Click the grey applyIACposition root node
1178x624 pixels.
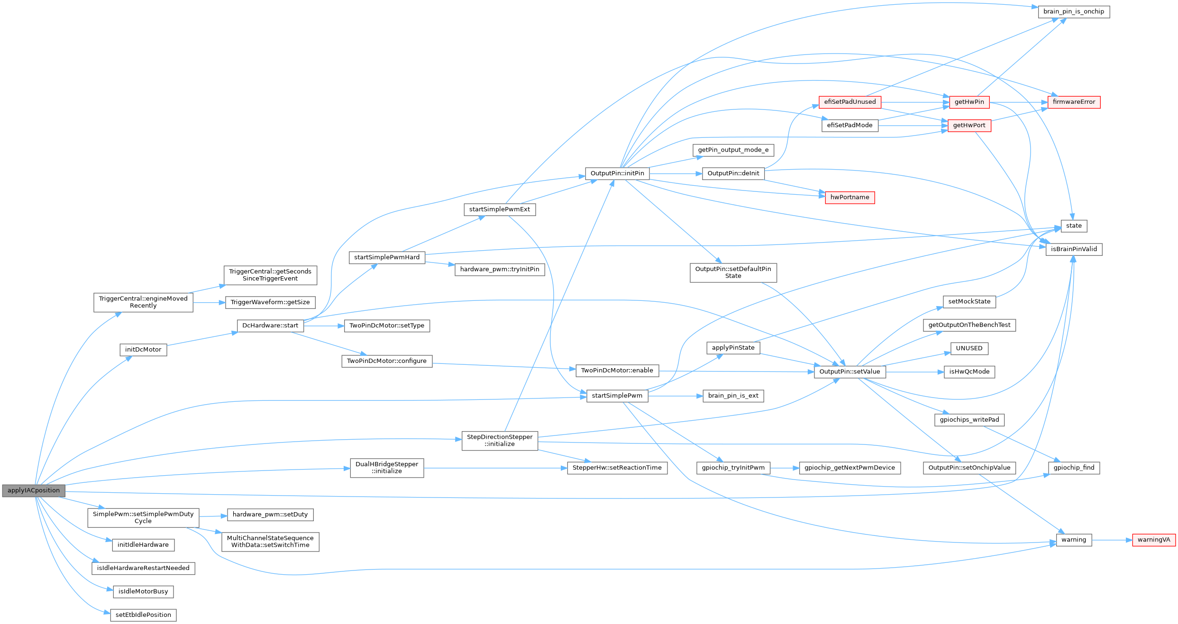click(x=34, y=491)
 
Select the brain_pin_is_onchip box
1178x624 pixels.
click(x=1074, y=12)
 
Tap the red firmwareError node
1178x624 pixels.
click(x=1074, y=102)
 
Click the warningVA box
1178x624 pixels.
click(x=1154, y=540)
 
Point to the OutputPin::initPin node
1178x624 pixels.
click(x=617, y=174)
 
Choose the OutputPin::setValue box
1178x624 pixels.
click(x=849, y=372)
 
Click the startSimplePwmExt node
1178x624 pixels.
click(x=500, y=209)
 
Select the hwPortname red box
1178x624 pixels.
click(x=849, y=198)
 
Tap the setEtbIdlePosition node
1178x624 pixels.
click(x=143, y=615)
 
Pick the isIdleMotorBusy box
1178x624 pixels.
click(x=143, y=592)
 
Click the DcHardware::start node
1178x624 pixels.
click(x=270, y=326)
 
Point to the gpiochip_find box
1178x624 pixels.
click(x=1074, y=468)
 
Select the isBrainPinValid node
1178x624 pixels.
click(x=1074, y=249)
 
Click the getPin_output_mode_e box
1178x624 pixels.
click(x=733, y=150)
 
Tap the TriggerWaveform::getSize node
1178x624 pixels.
click(x=270, y=302)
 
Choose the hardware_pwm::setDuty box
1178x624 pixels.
click(x=270, y=515)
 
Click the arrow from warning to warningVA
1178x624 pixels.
click(x=1112, y=540)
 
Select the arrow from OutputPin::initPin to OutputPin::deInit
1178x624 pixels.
click(x=676, y=174)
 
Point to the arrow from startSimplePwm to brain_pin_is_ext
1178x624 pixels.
click(x=675, y=396)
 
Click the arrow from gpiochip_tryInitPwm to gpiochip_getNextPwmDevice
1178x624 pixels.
click(x=785, y=468)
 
